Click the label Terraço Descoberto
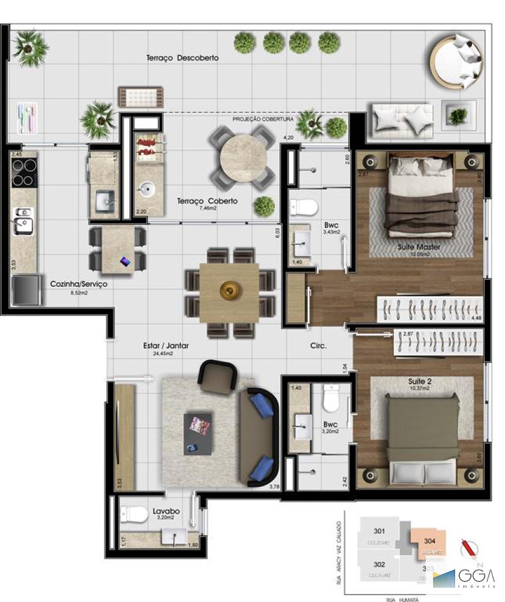tap(182, 58)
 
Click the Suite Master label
tap(419, 247)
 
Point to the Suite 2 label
tap(420, 382)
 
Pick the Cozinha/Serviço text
tap(78, 283)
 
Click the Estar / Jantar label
tap(166, 346)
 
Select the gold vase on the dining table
tap(228, 290)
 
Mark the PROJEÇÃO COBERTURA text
tap(263, 119)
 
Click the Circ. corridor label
tap(318, 346)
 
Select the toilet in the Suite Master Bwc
tap(304, 207)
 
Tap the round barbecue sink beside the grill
tap(147, 189)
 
